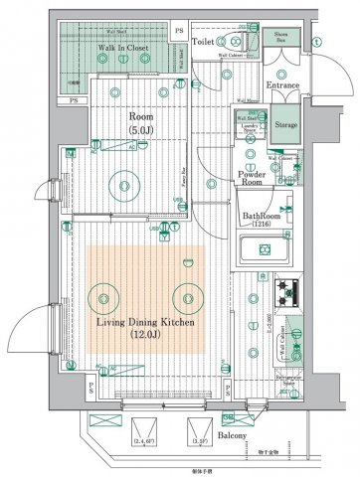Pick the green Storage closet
(x=286, y=127)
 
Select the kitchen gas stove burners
(x=288, y=291)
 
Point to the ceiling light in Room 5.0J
(x=124, y=182)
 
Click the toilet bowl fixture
(x=233, y=41)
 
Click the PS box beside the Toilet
(x=178, y=32)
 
